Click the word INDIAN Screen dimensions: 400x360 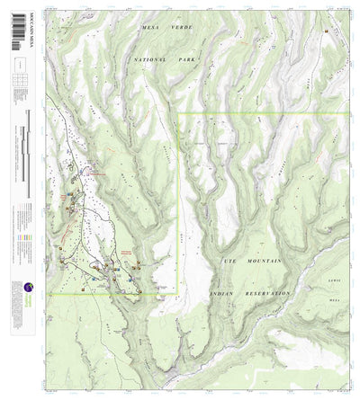221,294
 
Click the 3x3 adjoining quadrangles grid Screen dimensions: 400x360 19,80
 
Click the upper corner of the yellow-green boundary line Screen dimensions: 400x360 179,113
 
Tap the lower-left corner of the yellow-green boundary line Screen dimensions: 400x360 49,293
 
